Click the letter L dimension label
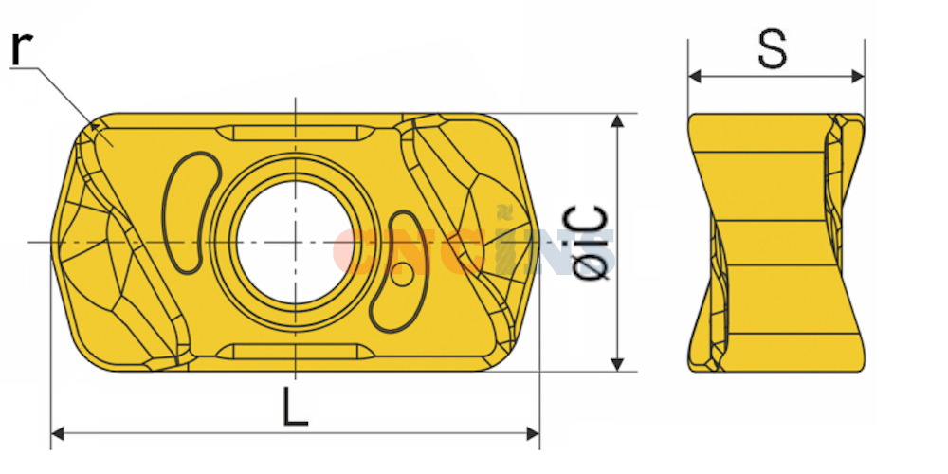(x=295, y=407)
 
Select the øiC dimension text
(x=590, y=243)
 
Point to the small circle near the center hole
(x=403, y=276)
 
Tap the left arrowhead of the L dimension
(x=58, y=433)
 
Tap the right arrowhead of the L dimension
(x=533, y=433)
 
